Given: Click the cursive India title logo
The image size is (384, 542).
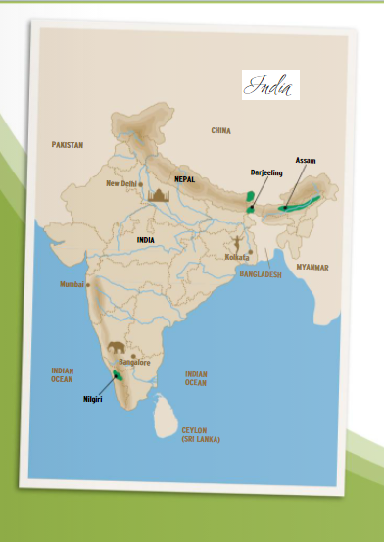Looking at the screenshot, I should click(270, 86).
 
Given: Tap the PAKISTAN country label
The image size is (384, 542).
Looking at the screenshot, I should click(68, 144).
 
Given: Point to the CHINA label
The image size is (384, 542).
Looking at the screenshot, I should click(221, 130).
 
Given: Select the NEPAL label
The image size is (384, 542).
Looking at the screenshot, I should click(185, 179).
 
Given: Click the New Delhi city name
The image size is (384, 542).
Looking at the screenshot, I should click(121, 182).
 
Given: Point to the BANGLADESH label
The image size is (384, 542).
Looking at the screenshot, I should click(261, 275).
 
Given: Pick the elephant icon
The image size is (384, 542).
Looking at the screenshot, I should click(118, 347).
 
